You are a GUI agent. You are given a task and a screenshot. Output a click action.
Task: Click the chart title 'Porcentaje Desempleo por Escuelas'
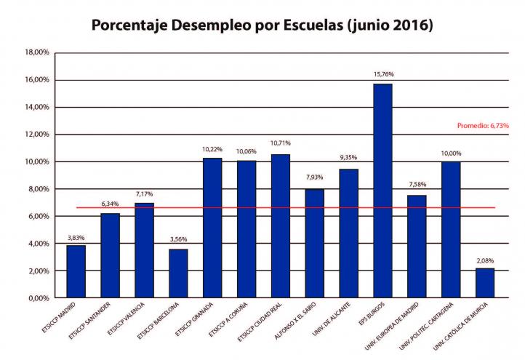pos(262,26)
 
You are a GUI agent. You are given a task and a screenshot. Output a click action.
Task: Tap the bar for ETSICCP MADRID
pos(76,271)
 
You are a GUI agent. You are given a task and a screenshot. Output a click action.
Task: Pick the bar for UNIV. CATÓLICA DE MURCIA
pos(485,283)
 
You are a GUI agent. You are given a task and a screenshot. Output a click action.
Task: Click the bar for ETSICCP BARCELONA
pos(178,273)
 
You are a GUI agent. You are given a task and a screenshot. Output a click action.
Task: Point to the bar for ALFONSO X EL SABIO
pos(314,243)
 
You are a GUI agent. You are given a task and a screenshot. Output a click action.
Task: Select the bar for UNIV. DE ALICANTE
pos(348,233)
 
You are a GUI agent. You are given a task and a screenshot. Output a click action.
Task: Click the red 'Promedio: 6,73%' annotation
pos(482,125)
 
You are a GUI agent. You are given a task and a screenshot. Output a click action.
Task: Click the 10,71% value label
pos(280,143)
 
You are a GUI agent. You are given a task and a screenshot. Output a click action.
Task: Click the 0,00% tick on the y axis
pos(37,298)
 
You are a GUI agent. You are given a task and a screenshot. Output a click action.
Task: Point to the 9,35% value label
pos(348,157)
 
